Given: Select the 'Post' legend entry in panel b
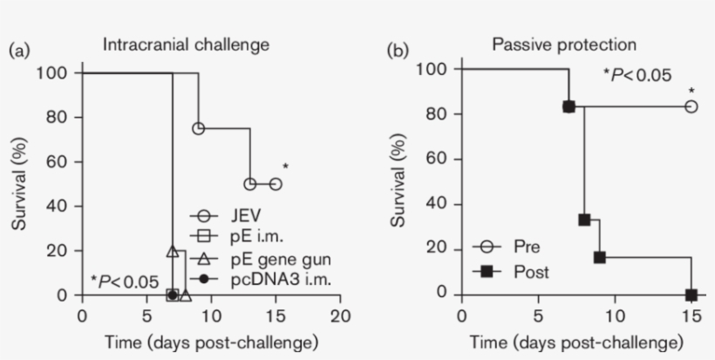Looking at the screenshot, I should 518,272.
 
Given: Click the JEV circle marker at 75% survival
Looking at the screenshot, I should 198,128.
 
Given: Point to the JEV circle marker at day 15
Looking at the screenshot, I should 276,184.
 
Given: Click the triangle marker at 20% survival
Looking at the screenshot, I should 173,251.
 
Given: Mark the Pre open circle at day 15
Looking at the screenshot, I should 691,106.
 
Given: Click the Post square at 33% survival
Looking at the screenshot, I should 583,220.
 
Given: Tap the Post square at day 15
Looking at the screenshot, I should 691,295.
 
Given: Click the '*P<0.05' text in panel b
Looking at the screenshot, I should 637,75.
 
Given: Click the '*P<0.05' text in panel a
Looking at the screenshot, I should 125,281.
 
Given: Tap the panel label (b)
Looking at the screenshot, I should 397,51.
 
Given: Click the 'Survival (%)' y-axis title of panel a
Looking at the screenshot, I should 19,184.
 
